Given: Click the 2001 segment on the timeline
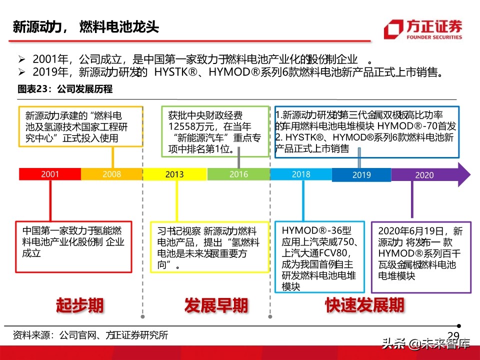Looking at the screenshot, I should tap(50, 174).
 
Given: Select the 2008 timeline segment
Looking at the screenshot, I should tap(111, 174).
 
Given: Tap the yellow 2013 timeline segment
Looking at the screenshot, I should tap(174, 174).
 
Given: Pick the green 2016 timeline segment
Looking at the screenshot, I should tap(238, 174).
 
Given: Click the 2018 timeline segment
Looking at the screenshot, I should tap(301, 174).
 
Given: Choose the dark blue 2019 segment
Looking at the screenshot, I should tap(361, 175).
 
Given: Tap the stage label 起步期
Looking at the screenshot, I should tap(79, 304).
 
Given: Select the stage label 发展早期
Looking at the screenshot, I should tap(216, 304).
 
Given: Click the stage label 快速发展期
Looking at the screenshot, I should tap(364, 304).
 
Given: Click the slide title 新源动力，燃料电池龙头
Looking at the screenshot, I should tap(85, 26).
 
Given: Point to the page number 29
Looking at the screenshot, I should tap(452, 335).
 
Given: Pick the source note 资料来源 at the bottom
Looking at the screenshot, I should tap(90, 334).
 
